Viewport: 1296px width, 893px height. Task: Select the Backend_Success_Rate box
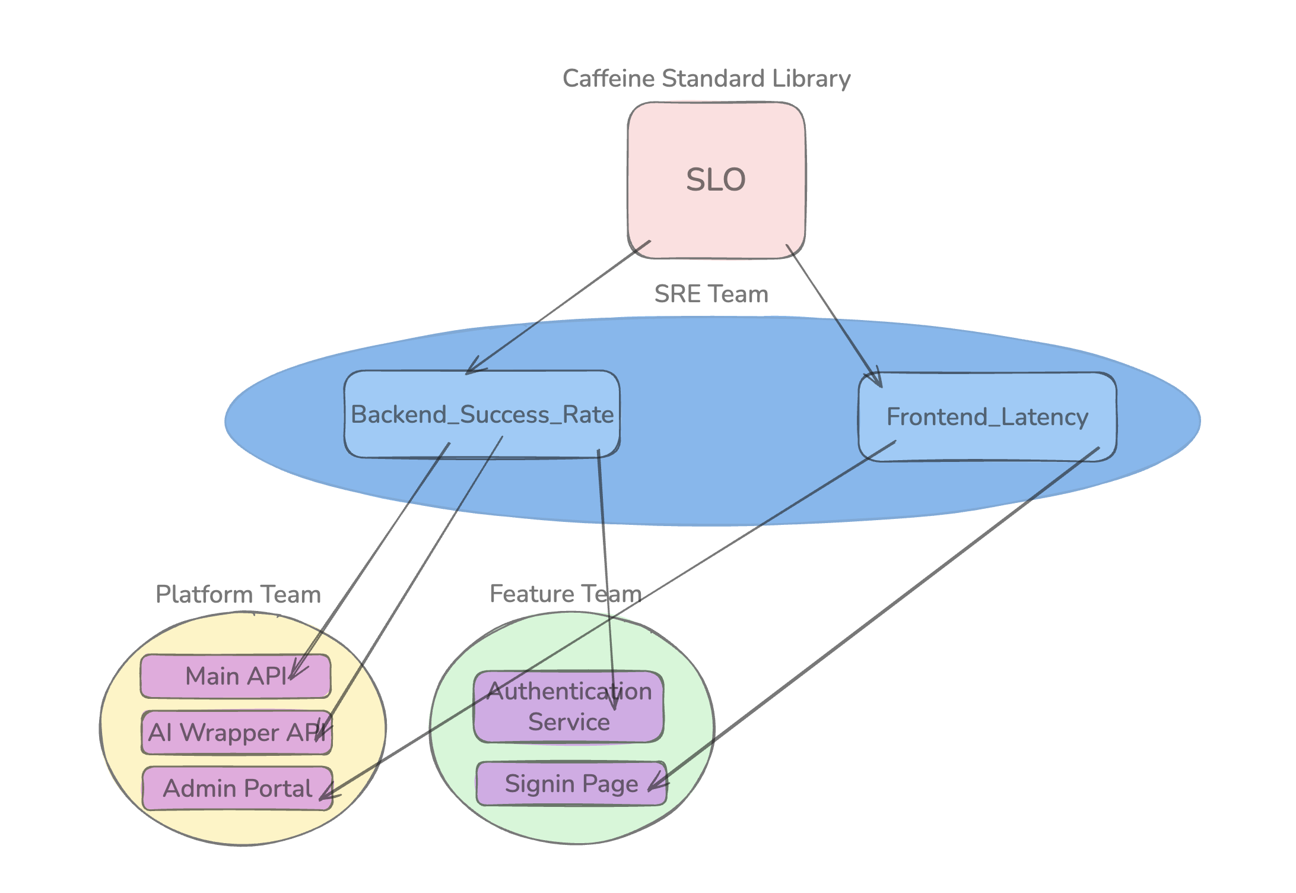point(482,414)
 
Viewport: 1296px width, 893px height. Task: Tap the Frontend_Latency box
point(987,417)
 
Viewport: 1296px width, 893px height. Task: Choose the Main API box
point(235,676)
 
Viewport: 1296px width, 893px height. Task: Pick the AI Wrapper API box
point(236,733)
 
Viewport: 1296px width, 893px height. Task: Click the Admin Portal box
point(237,788)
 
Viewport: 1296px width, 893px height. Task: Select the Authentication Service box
point(568,707)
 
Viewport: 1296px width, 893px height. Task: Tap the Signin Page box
point(571,784)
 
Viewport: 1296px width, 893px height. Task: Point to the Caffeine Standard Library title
point(706,78)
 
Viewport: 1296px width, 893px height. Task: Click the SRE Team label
point(711,294)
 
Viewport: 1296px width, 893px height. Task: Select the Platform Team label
point(238,594)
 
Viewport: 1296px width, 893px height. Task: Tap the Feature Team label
point(565,594)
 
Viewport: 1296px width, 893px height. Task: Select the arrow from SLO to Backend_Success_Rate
point(558,308)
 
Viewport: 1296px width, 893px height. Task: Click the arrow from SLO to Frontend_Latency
point(834,315)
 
